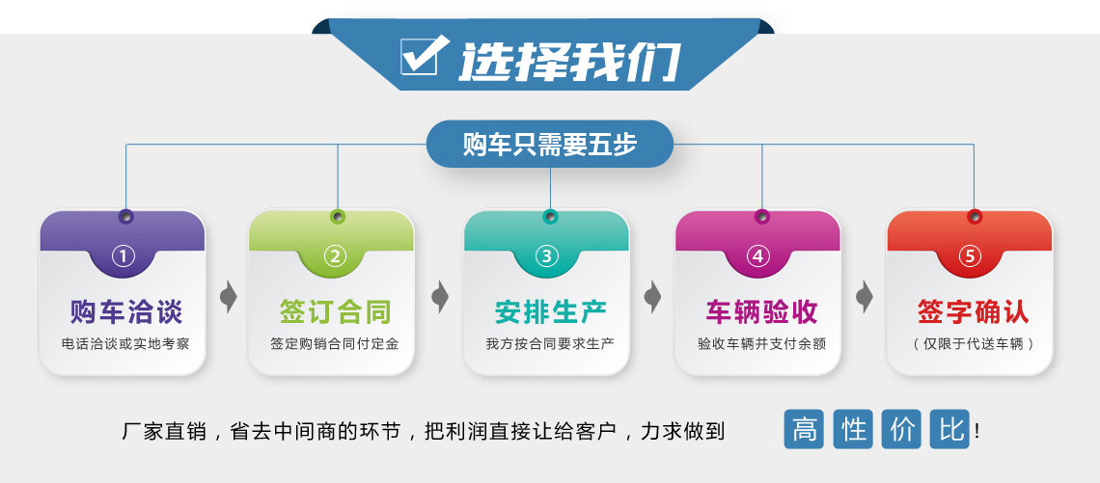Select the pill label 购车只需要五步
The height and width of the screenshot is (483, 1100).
point(550,144)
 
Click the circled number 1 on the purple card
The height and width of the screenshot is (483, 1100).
point(123,256)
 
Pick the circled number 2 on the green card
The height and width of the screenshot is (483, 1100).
point(335,256)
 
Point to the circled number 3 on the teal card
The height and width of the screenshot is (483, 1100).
point(547,256)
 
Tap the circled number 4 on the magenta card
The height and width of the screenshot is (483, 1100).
point(757,256)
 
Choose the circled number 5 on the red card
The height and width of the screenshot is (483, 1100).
point(970,256)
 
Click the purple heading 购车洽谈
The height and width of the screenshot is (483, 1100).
point(126,312)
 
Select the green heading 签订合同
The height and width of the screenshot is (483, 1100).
point(336,312)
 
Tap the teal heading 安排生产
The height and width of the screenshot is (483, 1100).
point(551,312)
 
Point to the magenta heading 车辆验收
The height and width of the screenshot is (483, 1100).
point(762,312)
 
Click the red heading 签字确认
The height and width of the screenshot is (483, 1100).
point(974,312)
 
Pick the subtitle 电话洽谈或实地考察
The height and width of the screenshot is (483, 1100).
point(125,344)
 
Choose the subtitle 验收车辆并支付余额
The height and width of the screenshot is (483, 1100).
point(762,344)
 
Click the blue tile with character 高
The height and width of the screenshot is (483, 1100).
point(804,429)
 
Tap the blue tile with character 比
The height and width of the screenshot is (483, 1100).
point(949,429)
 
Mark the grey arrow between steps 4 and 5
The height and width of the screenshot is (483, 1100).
point(865,297)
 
